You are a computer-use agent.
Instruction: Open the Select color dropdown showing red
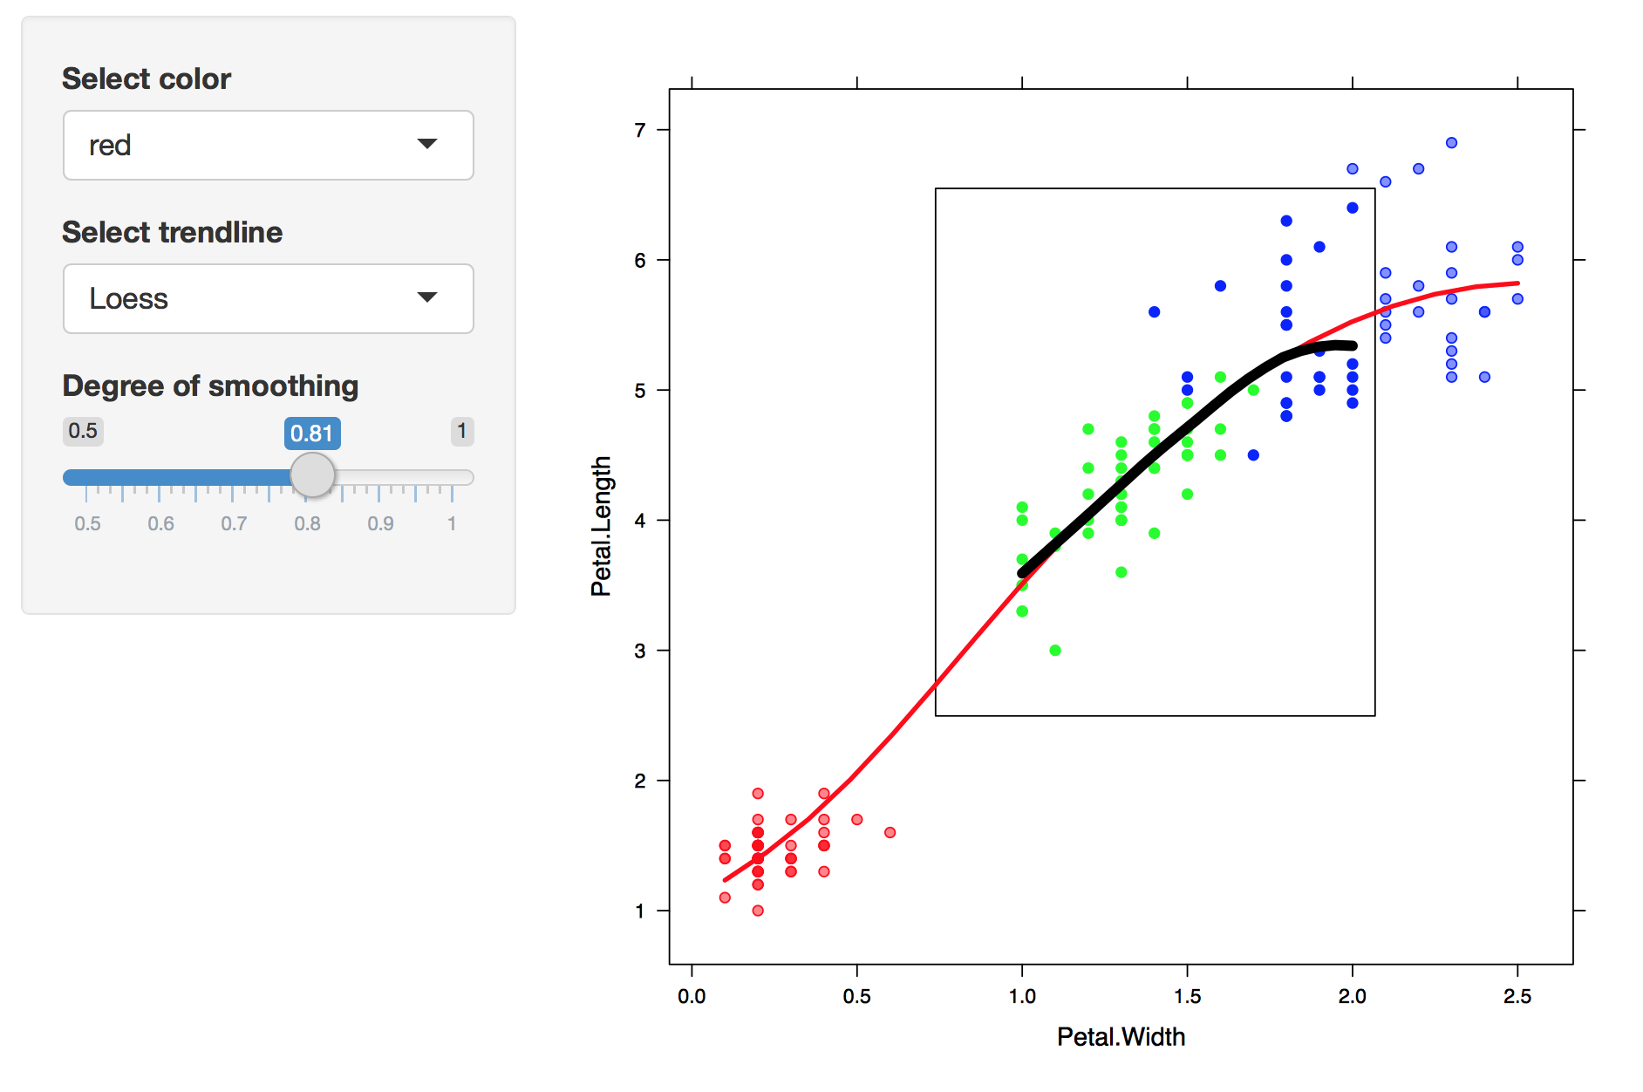(x=268, y=145)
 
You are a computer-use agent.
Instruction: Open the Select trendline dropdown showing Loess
(x=268, y=298)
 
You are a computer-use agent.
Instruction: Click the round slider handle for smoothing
(x=312, y=475)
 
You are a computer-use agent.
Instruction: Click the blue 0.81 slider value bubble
(x=312, y=433)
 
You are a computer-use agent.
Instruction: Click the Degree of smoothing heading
(x=210, y=386)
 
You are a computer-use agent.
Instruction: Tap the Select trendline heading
(x=172, y=232)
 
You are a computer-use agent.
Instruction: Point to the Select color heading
(x=147, y=78)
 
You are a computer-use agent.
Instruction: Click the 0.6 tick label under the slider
(x=160, y=523)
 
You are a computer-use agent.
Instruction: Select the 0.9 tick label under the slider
(x=380, y=523)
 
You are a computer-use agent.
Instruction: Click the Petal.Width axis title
(x=1121, y=1036)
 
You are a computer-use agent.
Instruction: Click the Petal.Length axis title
(x=601, y=526)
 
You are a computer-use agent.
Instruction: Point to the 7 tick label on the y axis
(x=640, y=130)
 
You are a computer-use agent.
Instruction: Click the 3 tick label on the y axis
(x=640, y=651)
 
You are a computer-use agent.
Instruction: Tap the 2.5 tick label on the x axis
(x=1517, y=996)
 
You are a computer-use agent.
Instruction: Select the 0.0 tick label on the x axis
(x=692, y=996)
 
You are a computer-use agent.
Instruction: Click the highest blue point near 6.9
(x=1451, y=143)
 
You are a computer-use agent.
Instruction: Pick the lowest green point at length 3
(x=1055, y=651)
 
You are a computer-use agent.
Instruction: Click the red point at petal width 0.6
(x=890, y=832)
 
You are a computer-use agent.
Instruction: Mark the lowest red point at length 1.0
(x=758, y=911)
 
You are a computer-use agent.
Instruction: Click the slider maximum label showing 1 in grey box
(x=462, y=431)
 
